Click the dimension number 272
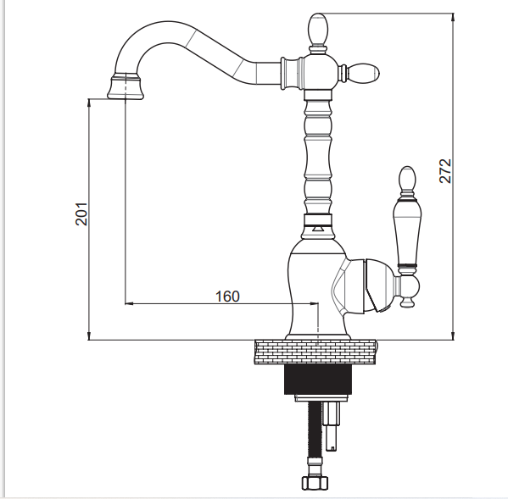[x=445, y=171]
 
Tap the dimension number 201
[x=81, y=213]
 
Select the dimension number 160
[x=228, y=297]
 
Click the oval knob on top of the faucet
[x=318, y=29]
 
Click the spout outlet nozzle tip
[x=126, y=86]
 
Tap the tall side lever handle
[x=406, y=233]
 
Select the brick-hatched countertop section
[x=315, y=352]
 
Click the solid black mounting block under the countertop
[x=318, y=380]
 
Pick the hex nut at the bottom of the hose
[x=315, y=483]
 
